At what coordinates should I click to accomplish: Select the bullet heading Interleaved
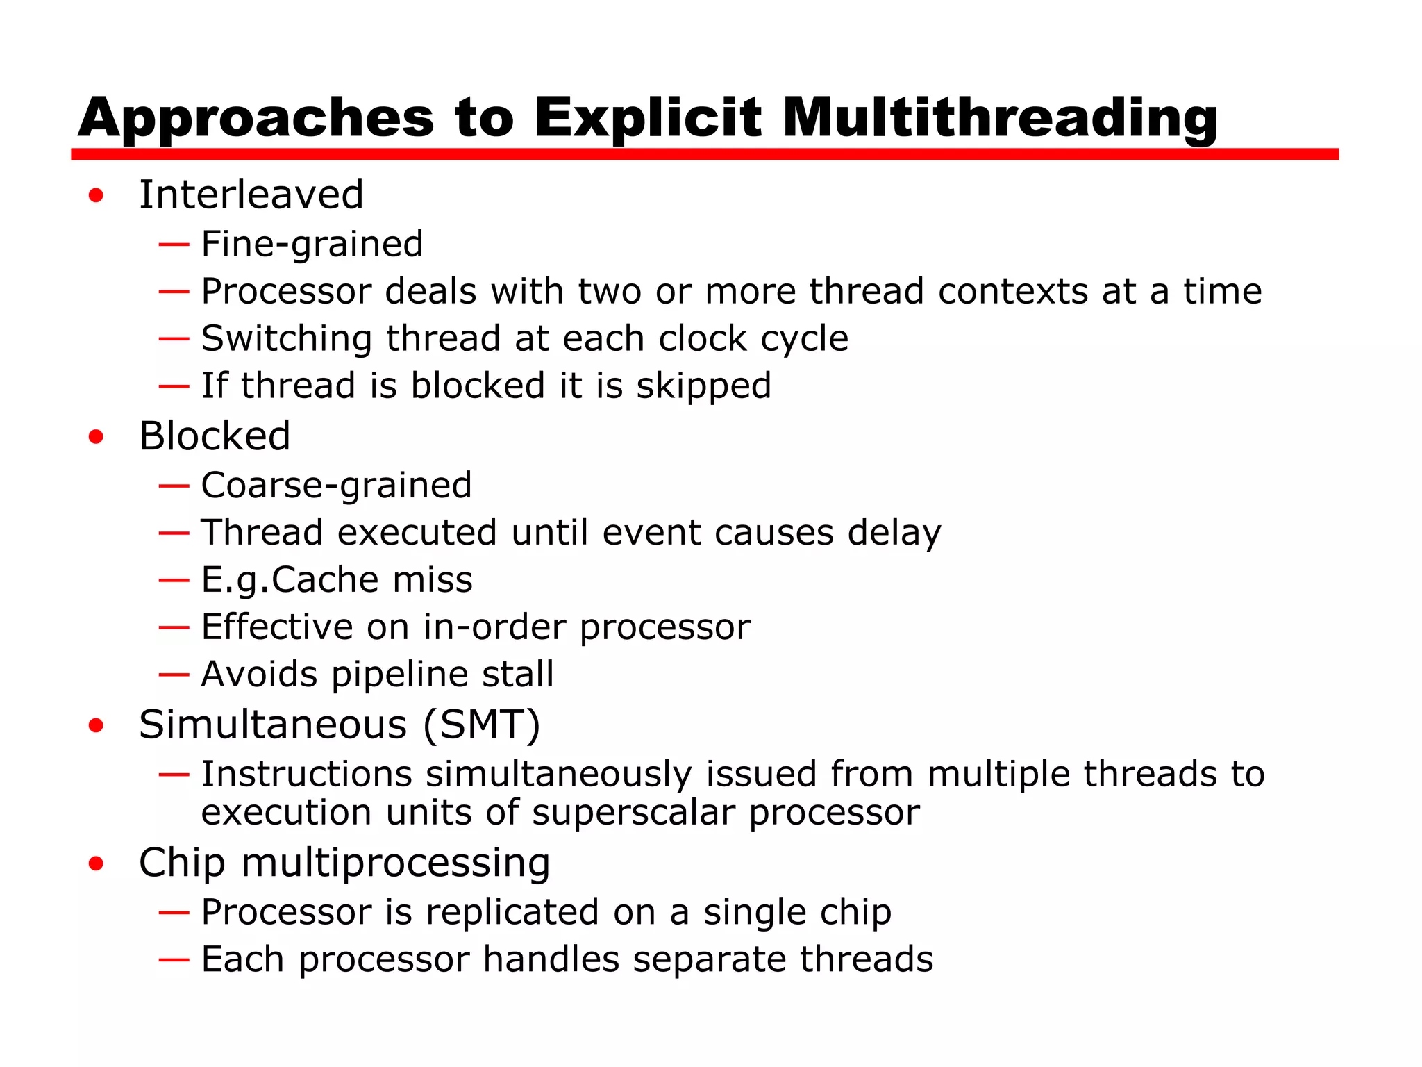click(x=251, y=195)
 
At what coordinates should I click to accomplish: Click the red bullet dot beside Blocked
click(x=96, y=437)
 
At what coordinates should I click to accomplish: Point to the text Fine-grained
click(x=312, y=245)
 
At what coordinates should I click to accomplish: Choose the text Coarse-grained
click(x=336, y=486)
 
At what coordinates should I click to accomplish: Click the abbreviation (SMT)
click(x=482, y=725)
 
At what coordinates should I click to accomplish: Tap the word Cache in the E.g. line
click(x=326, y=580)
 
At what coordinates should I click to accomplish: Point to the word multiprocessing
click(x=396, y=863)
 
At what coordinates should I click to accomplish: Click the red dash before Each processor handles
click(x=174, y=960)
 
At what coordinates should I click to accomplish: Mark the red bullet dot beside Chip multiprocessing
click(x=96, y=864)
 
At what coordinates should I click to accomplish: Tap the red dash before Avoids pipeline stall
click(x=174, y=675)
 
